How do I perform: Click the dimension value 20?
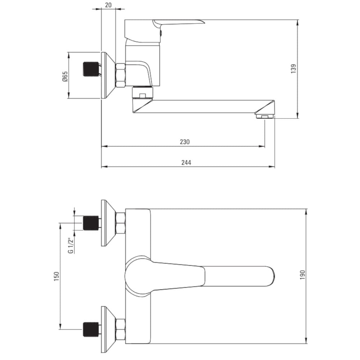108,5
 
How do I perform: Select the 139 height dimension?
293,69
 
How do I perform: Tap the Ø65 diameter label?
65,76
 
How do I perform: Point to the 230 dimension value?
185,141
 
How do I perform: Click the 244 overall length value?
186,163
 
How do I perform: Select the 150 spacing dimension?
57,276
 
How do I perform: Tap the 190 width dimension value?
303,275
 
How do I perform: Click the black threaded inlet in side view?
91,69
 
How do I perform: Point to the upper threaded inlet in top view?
91,223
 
